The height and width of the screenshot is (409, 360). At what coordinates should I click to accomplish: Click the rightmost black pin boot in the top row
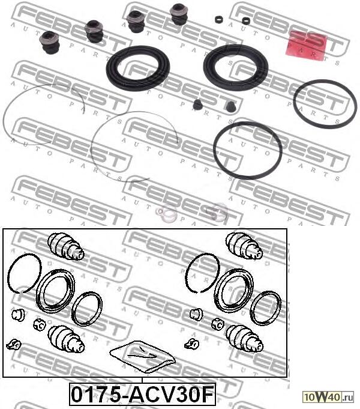point(179,14)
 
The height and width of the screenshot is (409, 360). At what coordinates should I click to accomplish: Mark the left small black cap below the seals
point(197,106)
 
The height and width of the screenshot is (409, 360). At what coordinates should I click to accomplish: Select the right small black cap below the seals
point(229,108)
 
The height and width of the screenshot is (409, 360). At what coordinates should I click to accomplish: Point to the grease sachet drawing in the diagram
point(143,356)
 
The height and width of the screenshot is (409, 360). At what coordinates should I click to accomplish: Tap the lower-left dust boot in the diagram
point(66,339)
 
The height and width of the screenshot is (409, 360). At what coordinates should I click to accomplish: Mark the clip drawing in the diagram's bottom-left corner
point(13,344)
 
